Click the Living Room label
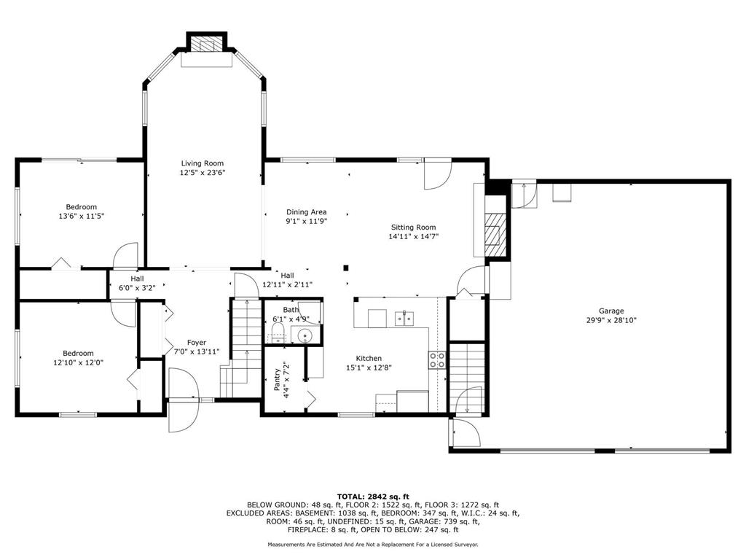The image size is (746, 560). point(203,163)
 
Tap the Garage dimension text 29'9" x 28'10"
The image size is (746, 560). point(611,321)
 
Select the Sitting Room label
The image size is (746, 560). point(414,227)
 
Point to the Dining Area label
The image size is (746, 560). point(307,212)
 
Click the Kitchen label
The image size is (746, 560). point(369,359)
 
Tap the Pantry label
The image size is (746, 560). point(277,379)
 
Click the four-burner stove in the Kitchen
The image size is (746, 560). point(437,360)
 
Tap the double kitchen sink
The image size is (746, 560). point(404,318)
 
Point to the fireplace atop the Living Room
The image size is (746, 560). point(206,44)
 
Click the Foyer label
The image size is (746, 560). point(197,343)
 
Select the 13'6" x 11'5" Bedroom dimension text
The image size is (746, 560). point(82,216)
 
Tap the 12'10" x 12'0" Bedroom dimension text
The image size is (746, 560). point(79,362)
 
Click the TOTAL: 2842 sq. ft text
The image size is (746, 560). point(373,497)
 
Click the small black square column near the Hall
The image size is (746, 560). point(346,268)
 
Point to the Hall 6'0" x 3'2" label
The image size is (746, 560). point(137,283)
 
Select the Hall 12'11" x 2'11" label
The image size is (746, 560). point(287,280)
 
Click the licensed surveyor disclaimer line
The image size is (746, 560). point(373,544)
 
